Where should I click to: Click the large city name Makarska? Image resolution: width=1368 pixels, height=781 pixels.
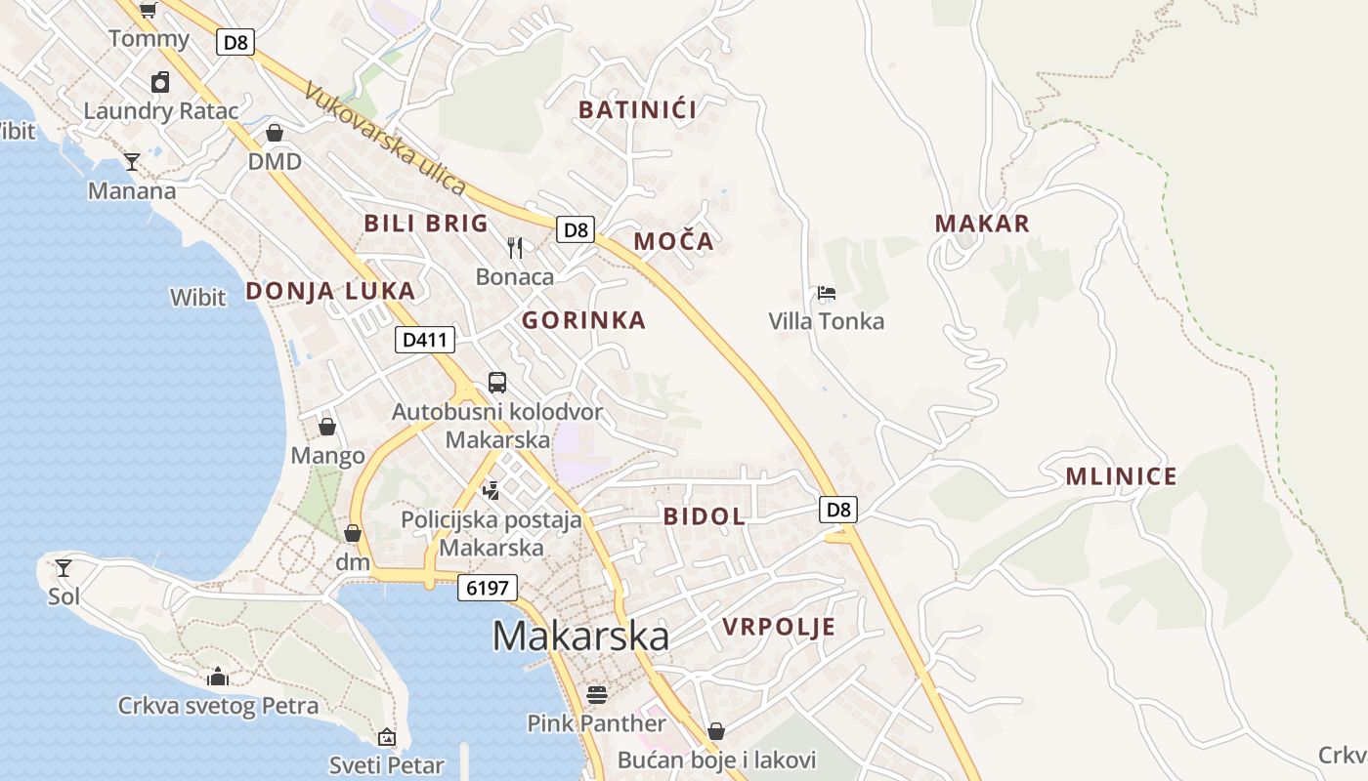(580, 637)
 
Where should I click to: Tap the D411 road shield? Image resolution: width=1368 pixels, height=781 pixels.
(425, 340)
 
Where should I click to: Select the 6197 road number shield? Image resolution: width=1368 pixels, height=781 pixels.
(487, 588)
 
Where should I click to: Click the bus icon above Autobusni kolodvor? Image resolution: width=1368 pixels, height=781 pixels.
(497, 382)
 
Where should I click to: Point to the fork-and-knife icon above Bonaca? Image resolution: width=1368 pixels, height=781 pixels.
(515, 247)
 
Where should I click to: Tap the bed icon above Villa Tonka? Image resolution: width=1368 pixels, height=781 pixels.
(827, 292)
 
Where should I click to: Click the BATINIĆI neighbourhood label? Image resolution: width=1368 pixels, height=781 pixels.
(637, 109)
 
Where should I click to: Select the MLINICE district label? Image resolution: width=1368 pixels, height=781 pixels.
(1121, 476)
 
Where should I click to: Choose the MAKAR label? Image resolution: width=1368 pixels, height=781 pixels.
(982, 224)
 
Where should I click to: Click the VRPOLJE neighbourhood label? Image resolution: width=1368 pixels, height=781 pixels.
(779, 627)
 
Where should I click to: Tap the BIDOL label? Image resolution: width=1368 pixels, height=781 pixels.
(705, 516)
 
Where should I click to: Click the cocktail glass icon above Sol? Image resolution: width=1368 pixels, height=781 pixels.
(64, 567)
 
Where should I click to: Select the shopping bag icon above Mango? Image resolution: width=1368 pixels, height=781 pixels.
(327, 427)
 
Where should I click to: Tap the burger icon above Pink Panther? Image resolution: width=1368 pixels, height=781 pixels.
(597, 694)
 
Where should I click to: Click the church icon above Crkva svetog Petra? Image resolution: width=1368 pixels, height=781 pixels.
(218, 676)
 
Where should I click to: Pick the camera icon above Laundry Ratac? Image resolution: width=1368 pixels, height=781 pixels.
(160, 82)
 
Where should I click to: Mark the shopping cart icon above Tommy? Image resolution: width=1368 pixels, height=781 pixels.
(149, 11)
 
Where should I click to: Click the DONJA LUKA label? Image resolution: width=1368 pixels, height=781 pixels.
(330, 291)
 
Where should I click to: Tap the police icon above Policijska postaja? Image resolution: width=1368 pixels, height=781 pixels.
(492, 489)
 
